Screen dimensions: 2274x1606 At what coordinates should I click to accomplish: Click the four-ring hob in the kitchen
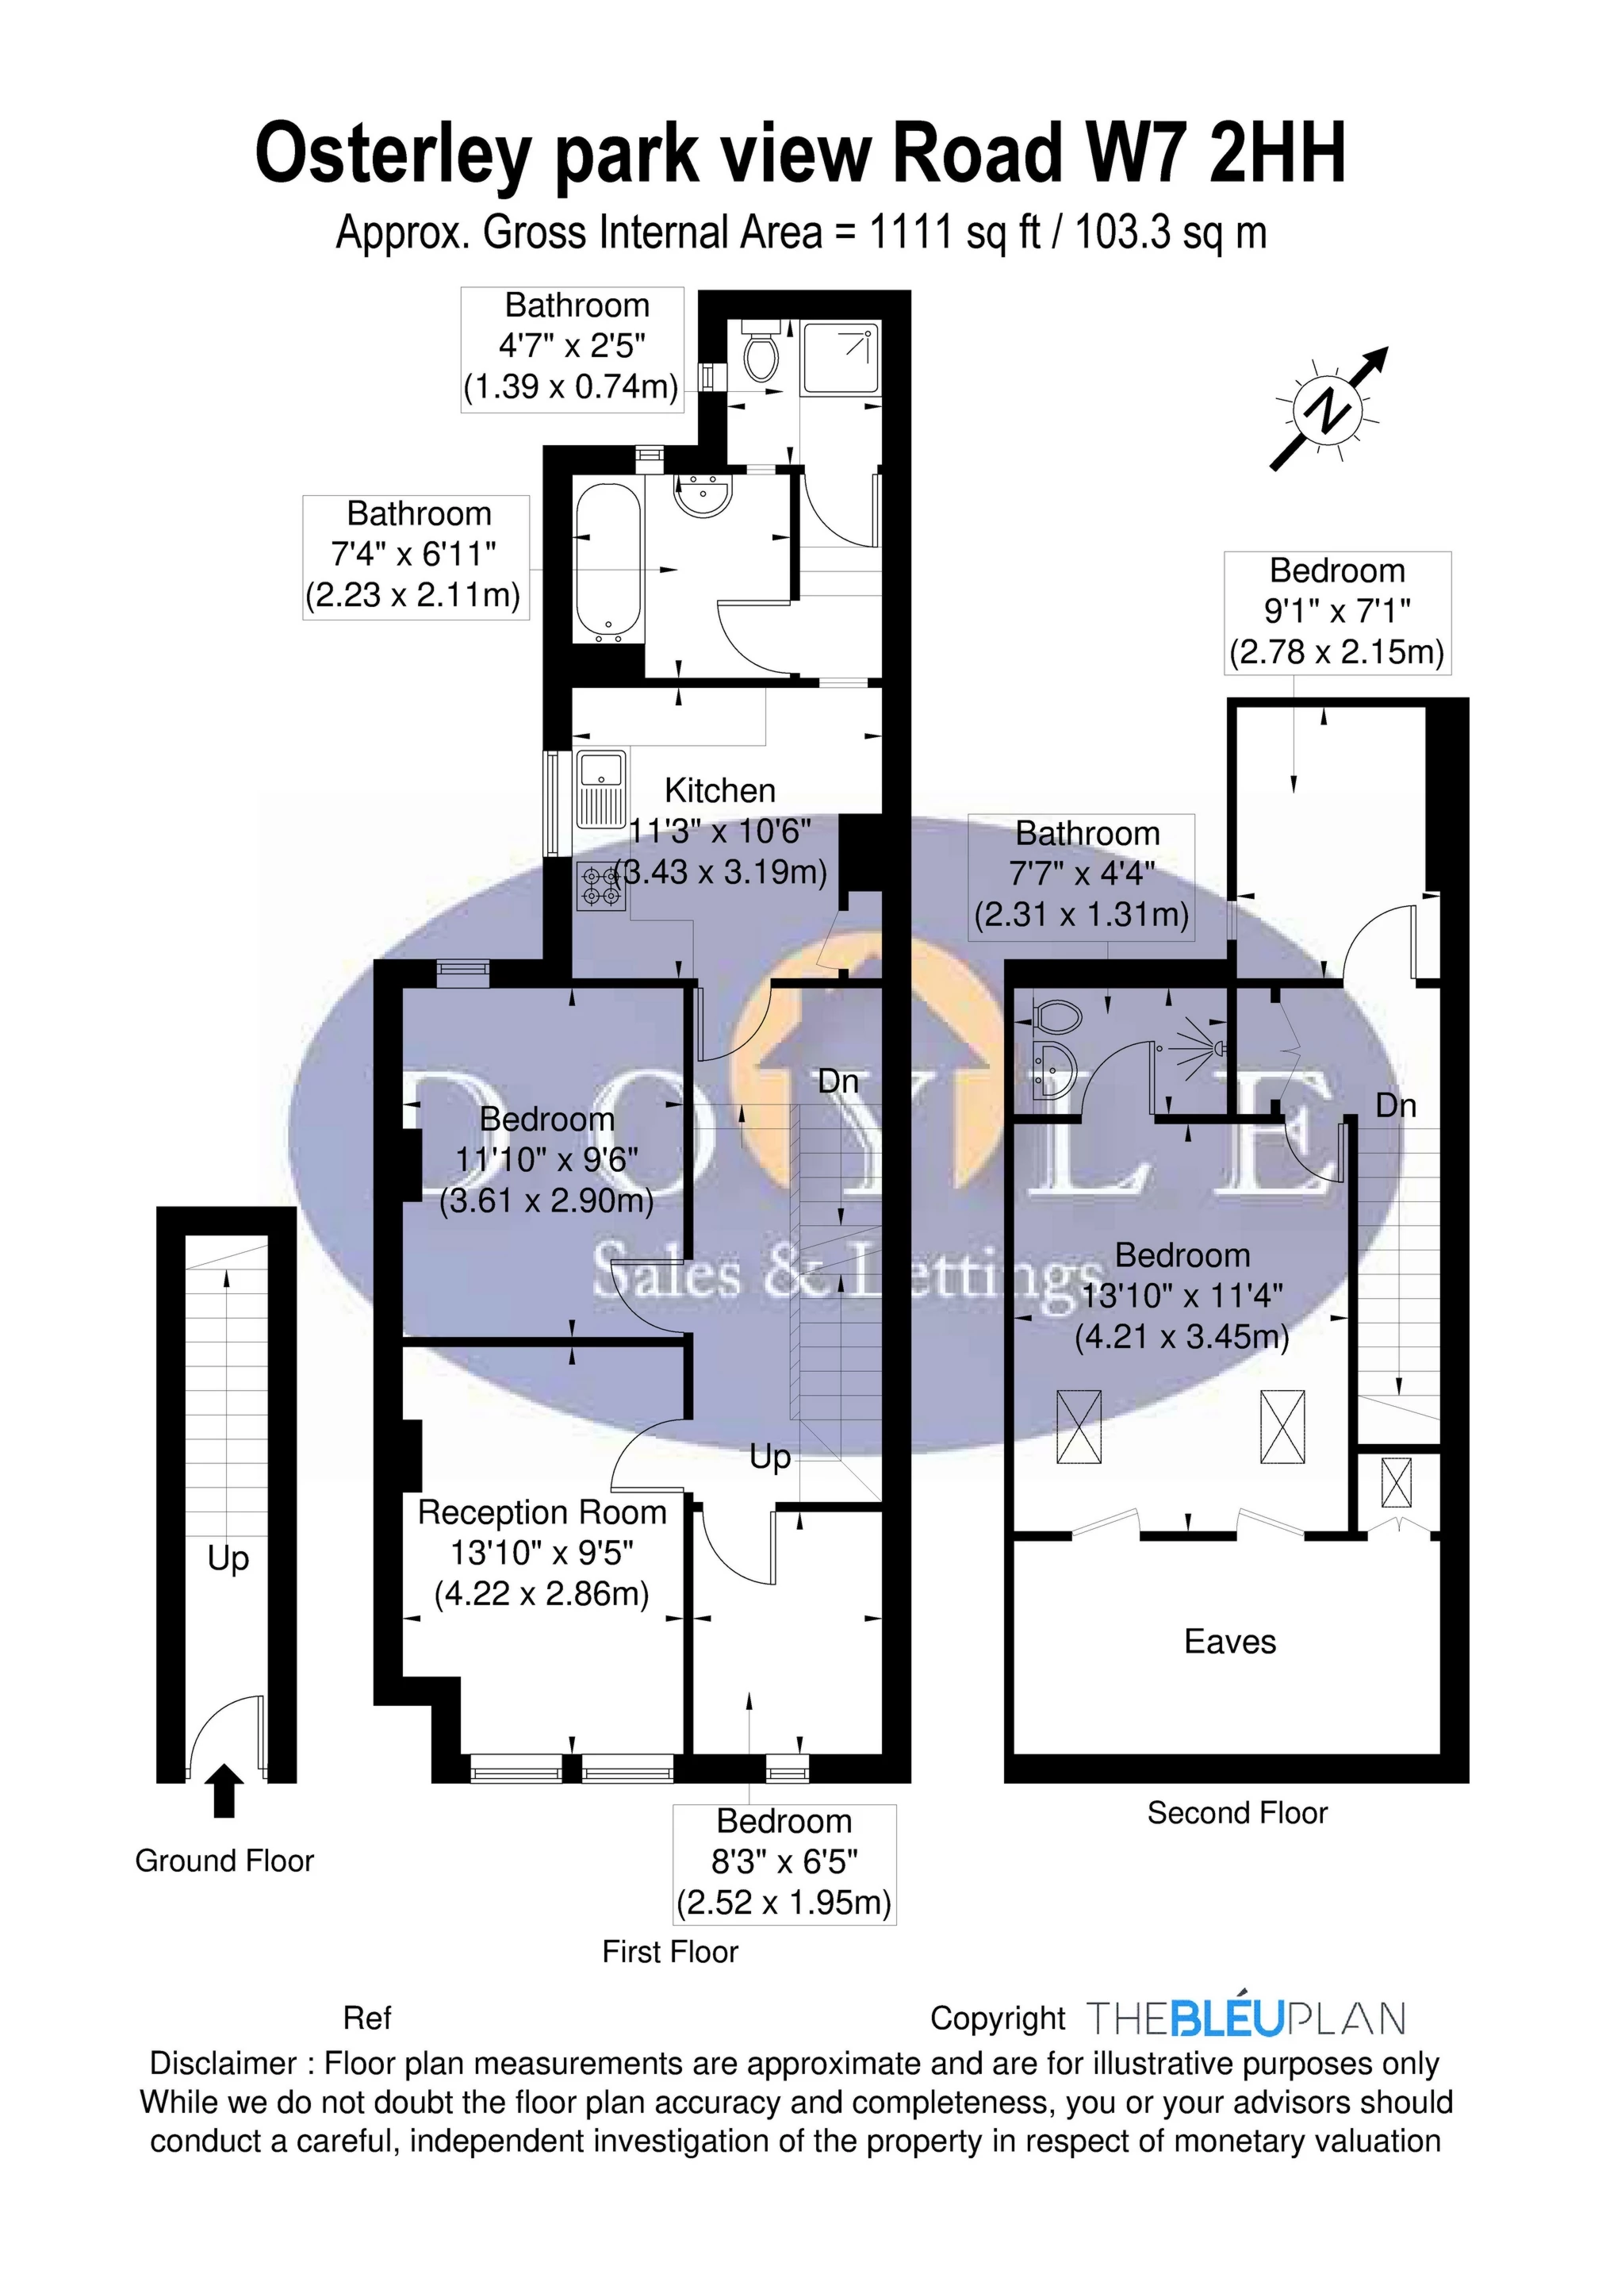point(602,885)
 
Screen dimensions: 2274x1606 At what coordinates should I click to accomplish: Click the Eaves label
point(1230,1642)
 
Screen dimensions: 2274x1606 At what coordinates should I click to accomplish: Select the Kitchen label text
point(720,790)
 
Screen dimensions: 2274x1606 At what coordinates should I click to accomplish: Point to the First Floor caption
point(670,1952)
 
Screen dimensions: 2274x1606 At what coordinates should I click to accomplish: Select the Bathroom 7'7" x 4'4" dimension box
point(1081,875)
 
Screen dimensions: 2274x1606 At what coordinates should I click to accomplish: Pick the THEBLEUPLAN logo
point(1246,2019)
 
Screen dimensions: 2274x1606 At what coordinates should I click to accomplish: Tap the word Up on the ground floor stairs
point(228,1558)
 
